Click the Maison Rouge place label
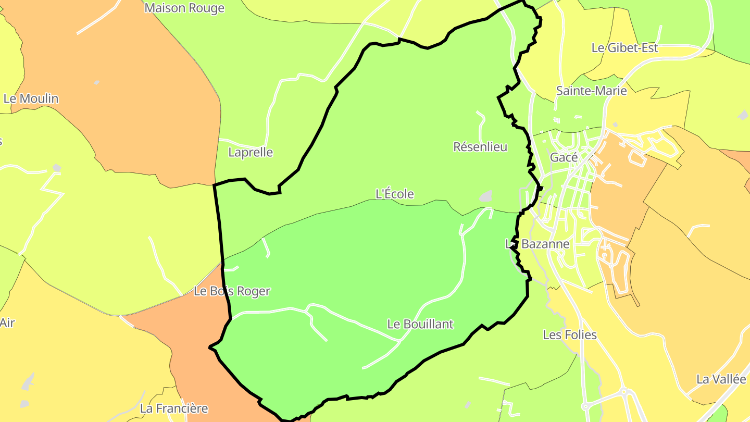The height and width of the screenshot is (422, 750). click(x=184, y=8)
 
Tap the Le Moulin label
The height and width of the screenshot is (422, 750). click(x=31, y=98)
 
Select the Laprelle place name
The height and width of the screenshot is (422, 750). click(x=251, y=152)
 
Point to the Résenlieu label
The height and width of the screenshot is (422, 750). click(x=480, y=147)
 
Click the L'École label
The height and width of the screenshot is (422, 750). click(x=395, y=194)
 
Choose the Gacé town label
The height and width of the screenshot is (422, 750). click(x=564, y=157)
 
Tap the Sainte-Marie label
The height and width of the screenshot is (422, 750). click(x=591, y=91)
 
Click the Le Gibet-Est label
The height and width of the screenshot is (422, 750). click(x=624, y=48)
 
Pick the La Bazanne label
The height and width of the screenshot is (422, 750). click(x=537, y=244)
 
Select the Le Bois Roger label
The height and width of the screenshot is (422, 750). click(x=232, y=291)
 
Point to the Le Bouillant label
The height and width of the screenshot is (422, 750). click(x=420, y=324)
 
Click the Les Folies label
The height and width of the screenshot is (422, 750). click(x=570, y=334)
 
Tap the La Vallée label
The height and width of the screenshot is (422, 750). click(x=721, y=379)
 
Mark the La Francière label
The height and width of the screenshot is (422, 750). click(x=174, y=408)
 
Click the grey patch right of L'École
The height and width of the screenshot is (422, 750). click(x=485, y=196)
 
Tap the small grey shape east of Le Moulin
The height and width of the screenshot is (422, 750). click(x=56, y=168)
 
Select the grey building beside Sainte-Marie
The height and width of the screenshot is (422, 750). click(x=615, y=125)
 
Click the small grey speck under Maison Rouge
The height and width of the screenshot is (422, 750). click(x=96, y=82)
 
